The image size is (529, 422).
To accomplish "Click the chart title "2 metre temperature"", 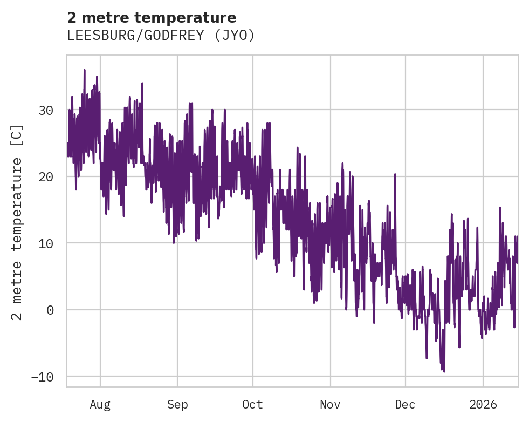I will tap(152, 17).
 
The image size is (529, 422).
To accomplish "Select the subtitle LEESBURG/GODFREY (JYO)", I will tap(161, 35).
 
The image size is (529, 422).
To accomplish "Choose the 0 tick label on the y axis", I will tap(50, 310).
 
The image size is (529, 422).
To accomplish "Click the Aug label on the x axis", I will tap(100, 404).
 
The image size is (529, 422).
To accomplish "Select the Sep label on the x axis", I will tap(177, 404).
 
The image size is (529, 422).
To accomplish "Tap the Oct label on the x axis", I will tap(252, 404).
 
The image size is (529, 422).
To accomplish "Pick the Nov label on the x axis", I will tap(330, 404).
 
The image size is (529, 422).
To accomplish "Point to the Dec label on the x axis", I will tap(405, 404).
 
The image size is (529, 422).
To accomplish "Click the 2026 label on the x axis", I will tap(483, 404).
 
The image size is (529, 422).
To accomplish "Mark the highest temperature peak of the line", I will tap(85, 70).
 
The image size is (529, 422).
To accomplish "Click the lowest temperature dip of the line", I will tap(444, 371).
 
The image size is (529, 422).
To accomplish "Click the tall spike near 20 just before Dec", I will tap(395, 175).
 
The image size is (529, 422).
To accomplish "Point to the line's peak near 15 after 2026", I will tap(500, 208).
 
